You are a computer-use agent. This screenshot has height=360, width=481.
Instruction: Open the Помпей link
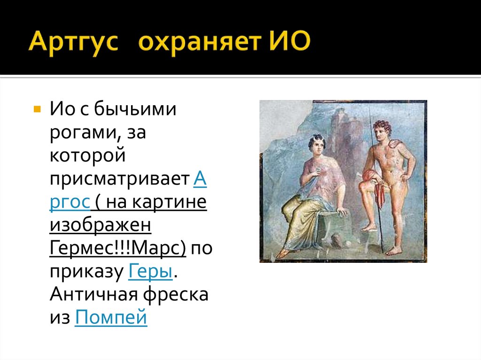[111, 318]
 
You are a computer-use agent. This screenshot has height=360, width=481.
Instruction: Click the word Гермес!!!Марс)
[117, 248]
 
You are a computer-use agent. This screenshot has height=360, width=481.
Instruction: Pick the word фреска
[179, 294]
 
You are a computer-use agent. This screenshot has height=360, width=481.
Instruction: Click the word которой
[87, 157]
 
